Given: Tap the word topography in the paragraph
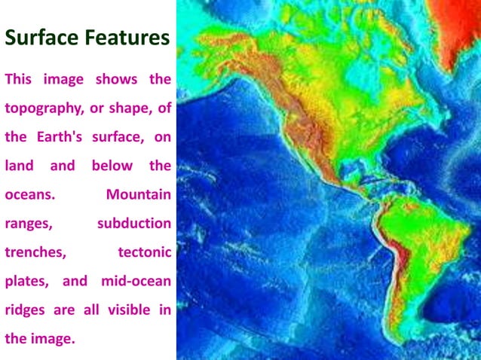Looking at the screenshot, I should pos(44,108).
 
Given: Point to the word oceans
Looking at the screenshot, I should pos(30,194).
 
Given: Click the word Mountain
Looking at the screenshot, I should pos(139,194).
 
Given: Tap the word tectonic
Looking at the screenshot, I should pos(145,252).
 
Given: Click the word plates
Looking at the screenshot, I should pos(26,281).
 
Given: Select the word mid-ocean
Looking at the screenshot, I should pos(136,281).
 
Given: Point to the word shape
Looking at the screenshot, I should pos(129,108).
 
